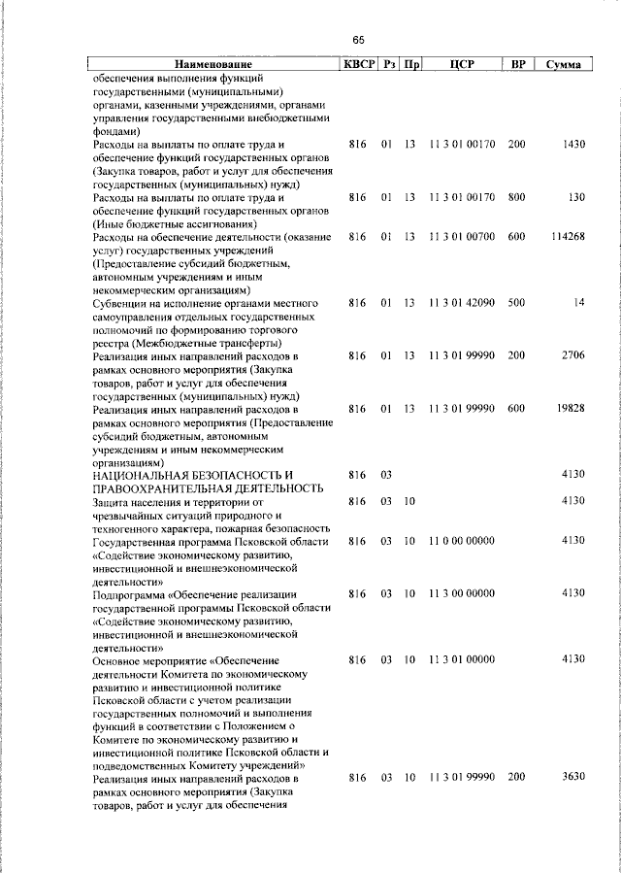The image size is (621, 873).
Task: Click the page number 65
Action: pyautogui.click(x=358, y=40)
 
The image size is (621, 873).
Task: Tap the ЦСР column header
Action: pyautogui.click(x=461, y=65)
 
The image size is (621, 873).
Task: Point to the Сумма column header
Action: pyautogui.click(x=564, y=65)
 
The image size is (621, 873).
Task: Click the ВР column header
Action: pyautogui.click(x=518, y=65)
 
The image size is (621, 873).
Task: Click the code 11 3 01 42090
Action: pyautogui.click(x=462, y=303)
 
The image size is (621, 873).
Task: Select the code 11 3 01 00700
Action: pyautogui.click(x=462, y=237)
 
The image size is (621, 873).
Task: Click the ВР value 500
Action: pyautogui.click(x=516, y=303)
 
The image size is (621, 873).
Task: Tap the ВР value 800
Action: pyautogui.click(x=516, y=197)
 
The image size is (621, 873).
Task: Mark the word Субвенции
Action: pyautogui.click(x=121, y=303)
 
